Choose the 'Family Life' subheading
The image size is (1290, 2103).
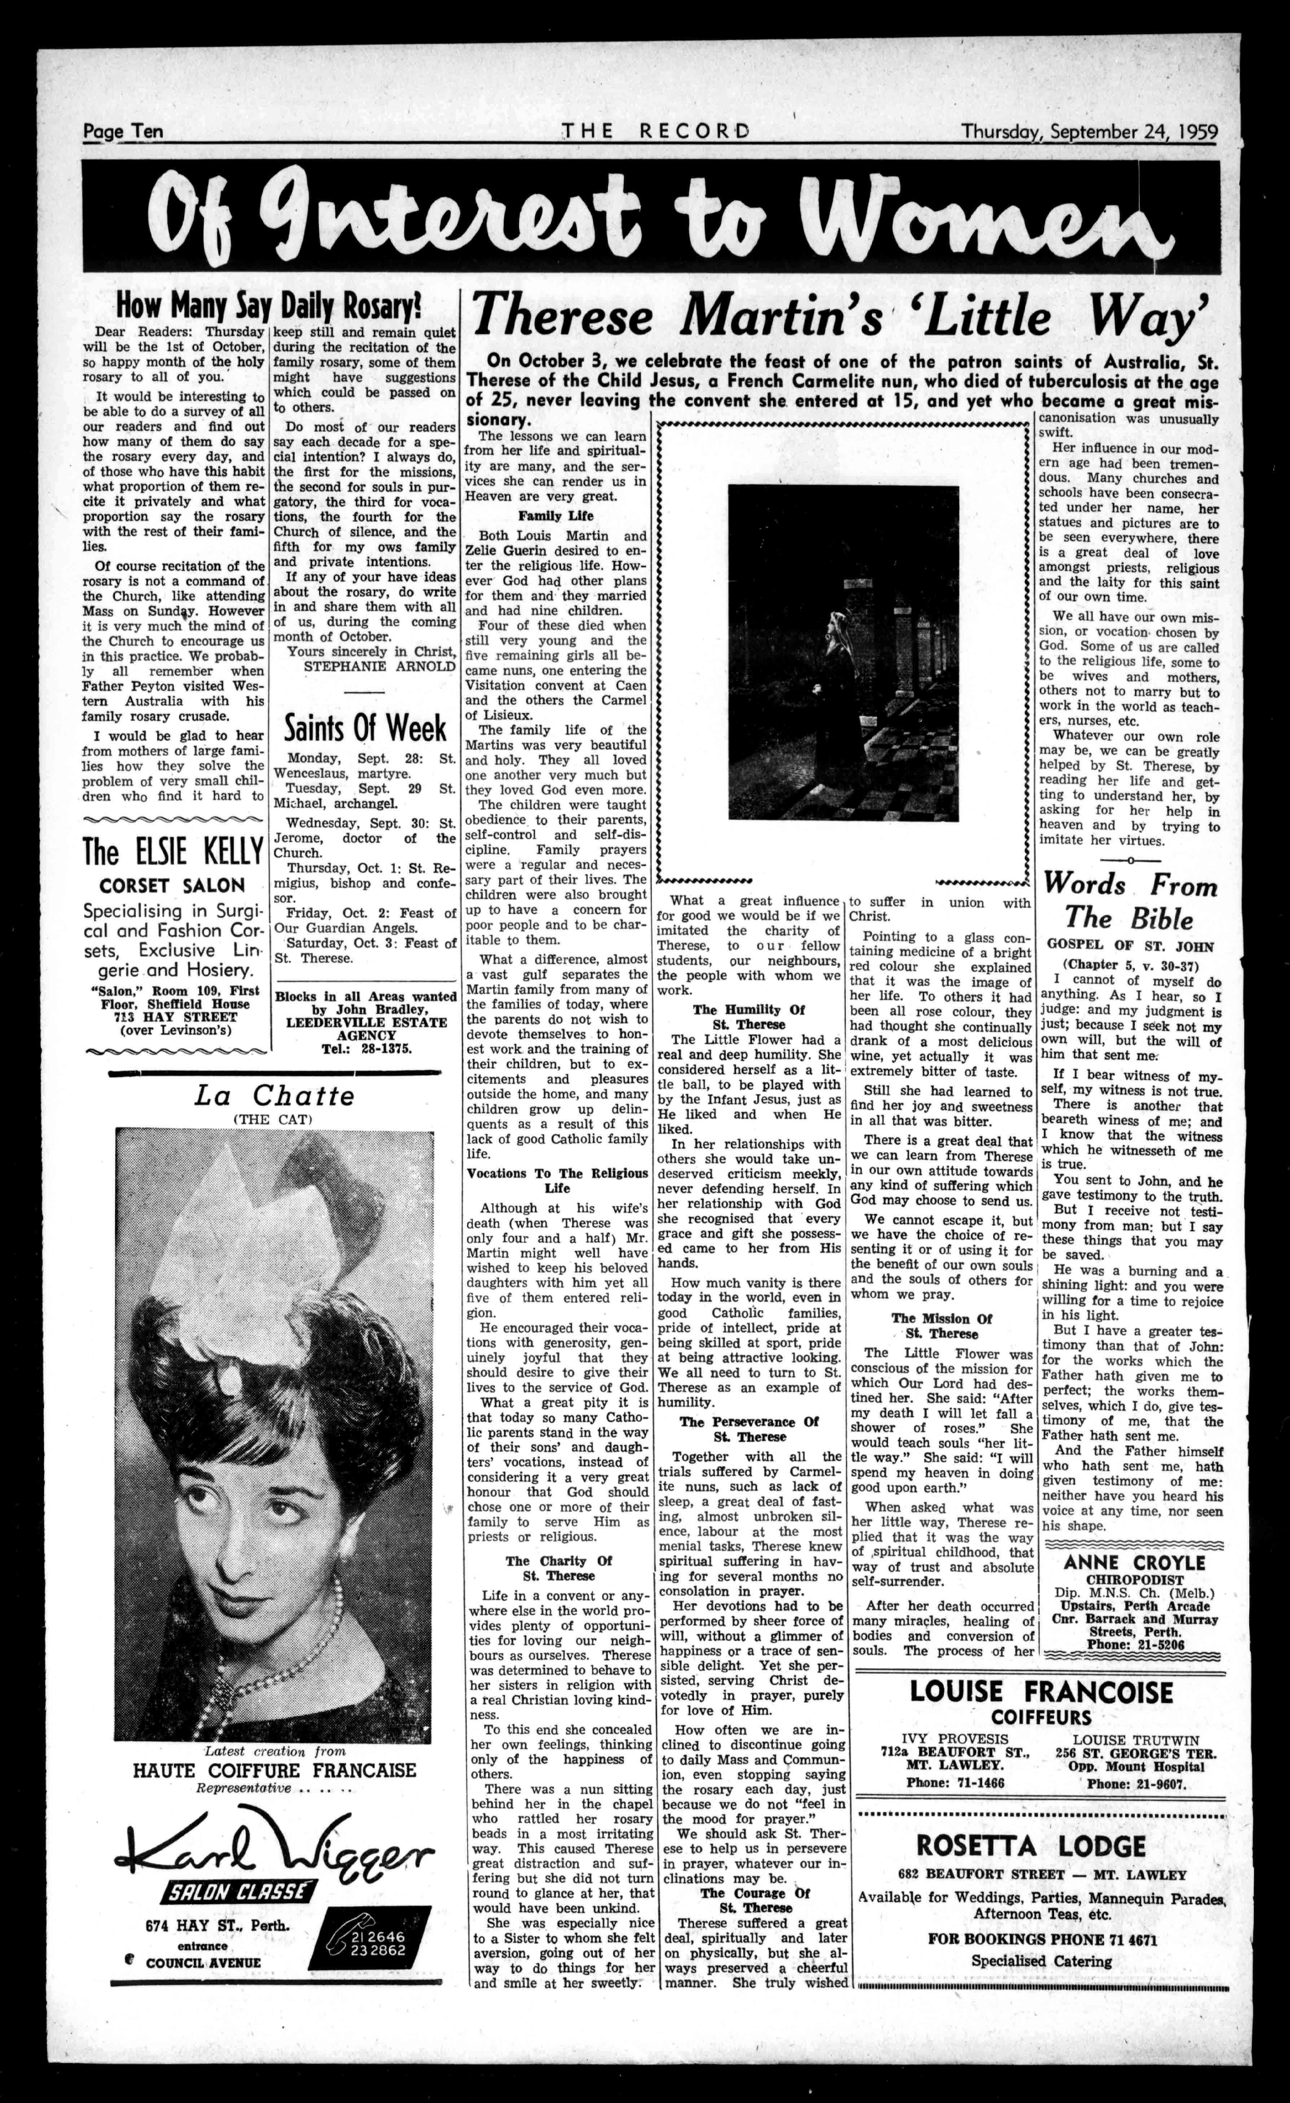coord(555,516)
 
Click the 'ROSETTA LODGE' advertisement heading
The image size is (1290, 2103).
coord(1030,1846)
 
